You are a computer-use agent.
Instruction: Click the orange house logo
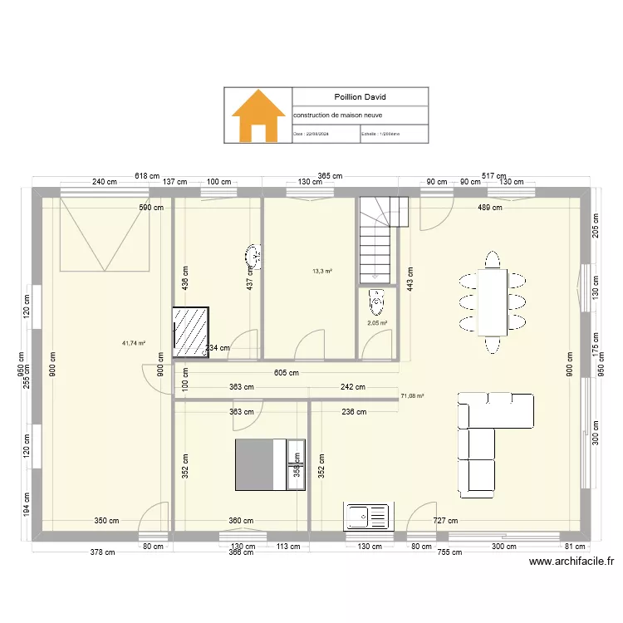(x=258, y=115)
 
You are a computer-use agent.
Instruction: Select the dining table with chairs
(x=493, y=300)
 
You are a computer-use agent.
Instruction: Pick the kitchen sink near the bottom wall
(x=366, y=516)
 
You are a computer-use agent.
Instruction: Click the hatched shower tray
(x=190, y=333)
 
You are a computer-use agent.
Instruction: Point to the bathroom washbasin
(x=255, y=257)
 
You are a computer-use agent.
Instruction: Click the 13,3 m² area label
(x=322, y=271)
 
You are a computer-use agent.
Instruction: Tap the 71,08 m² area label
(x=412, y=397)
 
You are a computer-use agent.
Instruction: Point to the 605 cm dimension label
(x=286, y=373)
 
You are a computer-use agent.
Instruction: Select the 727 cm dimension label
(x=444, y=521)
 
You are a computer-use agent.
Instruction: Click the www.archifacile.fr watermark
(x=571, y=561)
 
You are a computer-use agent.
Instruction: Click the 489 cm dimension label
(x=489, y=208)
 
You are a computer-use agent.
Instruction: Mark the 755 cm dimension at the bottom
(x=449, y=552)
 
